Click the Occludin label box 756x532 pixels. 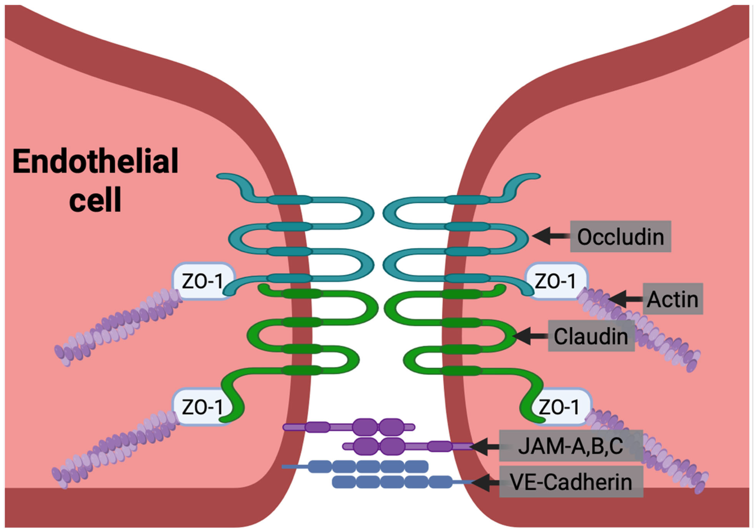(620, 236)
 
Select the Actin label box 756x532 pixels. (673, 299)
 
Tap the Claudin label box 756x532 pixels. (591, 336)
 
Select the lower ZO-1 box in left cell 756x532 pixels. (202, 407)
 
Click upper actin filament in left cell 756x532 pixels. (119, 326)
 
